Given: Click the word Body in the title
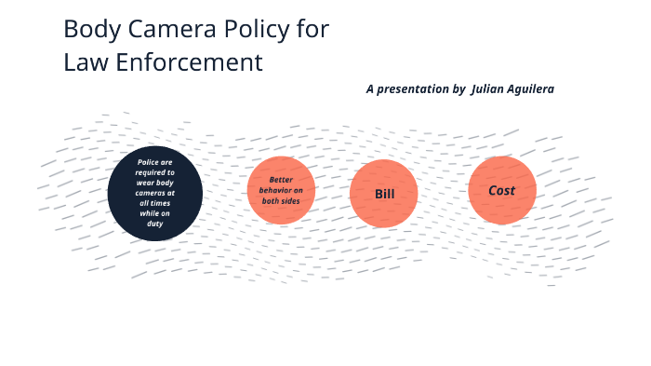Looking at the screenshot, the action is [x=87, y=30].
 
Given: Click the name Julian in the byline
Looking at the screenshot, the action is [x=489, y=88].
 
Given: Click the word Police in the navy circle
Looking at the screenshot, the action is [x=149, y=162].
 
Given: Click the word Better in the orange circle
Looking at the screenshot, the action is [x=282, y=180].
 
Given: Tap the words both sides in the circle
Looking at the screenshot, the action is [x=281, y=201].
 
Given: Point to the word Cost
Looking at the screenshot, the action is [x=502, y=190].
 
